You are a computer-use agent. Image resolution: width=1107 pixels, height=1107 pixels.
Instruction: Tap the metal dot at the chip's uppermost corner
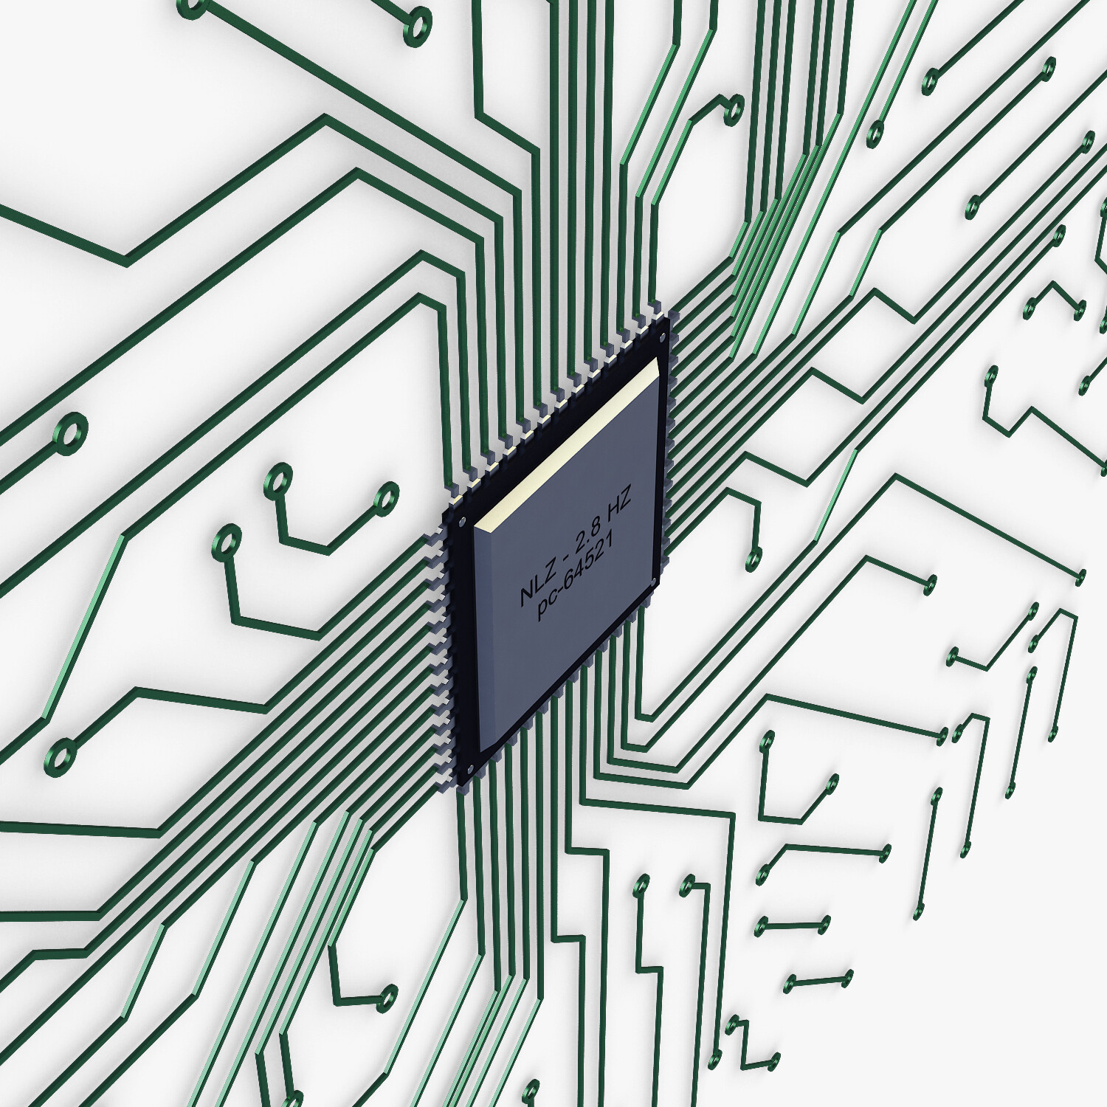(x=663, y=337)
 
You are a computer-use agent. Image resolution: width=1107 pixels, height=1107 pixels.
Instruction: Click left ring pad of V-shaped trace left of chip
(x=278, y=480)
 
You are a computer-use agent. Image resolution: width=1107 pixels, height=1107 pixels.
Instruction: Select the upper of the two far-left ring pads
(x=72, y=432)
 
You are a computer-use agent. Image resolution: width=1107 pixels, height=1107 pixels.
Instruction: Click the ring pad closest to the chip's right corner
(x=753, y=559)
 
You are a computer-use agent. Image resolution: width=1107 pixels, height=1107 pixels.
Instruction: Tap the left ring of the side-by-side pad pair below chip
(x=641, y=885)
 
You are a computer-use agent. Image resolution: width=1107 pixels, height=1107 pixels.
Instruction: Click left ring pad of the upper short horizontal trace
(x=762, y=925)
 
